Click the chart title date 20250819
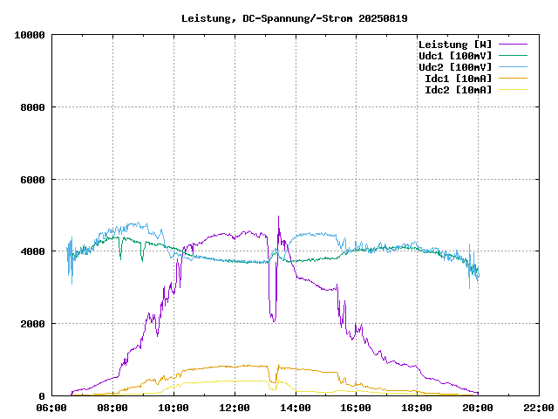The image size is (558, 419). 383,18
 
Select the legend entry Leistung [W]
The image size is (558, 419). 454,45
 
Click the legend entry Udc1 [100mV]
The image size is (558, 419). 454,56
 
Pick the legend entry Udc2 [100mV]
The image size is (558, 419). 454,67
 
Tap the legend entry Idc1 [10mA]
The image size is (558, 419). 458,79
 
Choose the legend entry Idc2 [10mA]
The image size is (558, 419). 458,90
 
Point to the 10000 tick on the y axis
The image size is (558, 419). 30,35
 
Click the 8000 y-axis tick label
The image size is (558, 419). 32,107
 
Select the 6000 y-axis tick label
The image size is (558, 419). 32,180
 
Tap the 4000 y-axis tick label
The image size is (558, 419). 32,251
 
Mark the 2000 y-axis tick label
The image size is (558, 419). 32,324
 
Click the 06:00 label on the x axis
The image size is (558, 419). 52,408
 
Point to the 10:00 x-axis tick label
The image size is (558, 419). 174,408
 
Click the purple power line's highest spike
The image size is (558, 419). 278,216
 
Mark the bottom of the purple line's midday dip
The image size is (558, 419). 274,321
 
